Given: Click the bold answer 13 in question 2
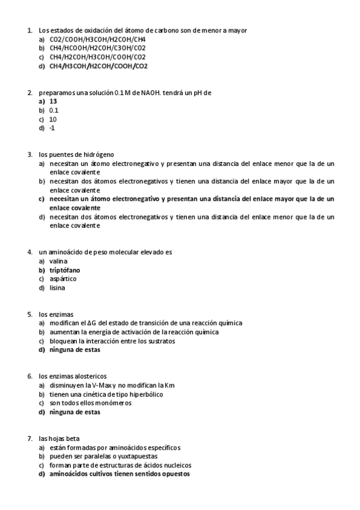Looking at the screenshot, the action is pos(53,102).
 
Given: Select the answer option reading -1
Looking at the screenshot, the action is pos(52,128).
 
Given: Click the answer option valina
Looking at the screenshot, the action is pos(58,261).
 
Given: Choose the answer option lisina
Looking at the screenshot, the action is pos(58,287).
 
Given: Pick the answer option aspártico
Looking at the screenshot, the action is pos(63,278).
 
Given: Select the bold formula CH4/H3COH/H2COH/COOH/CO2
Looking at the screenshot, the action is pos(99,66).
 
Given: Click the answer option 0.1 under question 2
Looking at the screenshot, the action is pos(54,111).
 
